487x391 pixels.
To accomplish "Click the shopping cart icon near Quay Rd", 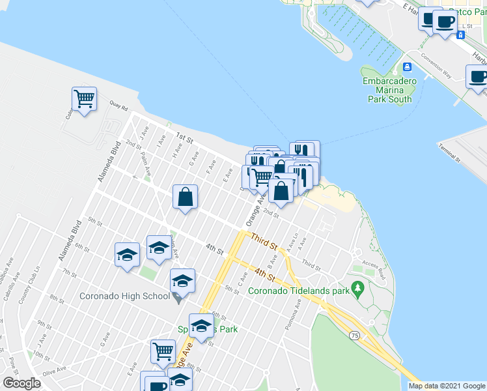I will (84, 100).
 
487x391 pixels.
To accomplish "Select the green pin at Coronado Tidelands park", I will (357, 287).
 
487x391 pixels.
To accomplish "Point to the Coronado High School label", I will (124, 296).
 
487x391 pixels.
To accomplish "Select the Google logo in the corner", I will (22, 383).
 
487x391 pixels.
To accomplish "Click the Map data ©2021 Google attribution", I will (447, 386).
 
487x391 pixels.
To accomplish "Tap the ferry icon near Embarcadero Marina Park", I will (407, 66).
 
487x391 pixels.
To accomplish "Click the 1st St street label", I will (185, 138).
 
